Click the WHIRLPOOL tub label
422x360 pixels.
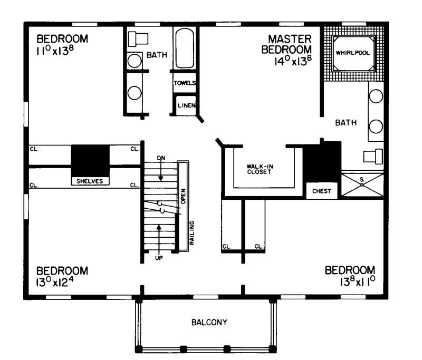353,53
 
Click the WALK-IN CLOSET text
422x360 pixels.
258,169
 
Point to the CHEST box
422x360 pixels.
322,191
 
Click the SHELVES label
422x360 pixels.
90,181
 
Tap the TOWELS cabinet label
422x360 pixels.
185,83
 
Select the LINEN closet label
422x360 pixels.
186,105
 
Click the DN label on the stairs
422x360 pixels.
161,158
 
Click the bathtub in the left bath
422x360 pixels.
185,48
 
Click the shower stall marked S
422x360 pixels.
361,184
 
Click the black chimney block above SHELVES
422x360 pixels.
90,158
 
